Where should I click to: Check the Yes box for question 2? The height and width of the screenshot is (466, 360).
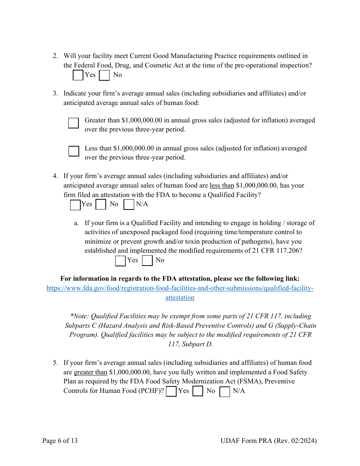pos(78,75)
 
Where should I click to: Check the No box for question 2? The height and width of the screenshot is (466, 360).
pos(104,75)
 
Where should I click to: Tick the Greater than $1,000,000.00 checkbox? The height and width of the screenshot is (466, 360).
pos(74,123)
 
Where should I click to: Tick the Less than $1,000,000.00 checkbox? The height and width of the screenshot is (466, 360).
pos(74,151)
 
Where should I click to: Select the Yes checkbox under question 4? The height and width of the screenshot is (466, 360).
pos(75,205)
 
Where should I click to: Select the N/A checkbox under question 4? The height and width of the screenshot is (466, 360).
pos(129,205)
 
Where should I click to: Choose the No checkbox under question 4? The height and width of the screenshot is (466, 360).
pos(101,205)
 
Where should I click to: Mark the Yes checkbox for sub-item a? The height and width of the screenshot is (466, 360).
pos(121,261)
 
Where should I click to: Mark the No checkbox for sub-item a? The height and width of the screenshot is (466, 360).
pos(147,260)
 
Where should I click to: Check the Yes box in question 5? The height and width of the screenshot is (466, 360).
pos(171,391)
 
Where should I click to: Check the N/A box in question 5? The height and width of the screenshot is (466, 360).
pos(225,391)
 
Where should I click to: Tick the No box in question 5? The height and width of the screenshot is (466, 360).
pos(198,391)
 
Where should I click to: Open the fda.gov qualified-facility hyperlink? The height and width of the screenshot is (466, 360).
pos(180,288)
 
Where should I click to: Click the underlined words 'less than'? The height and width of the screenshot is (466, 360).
pos(222,186)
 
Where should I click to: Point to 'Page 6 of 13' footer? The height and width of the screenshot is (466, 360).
pos(60,441)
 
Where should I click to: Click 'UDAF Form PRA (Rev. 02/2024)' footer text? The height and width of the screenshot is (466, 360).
pos(268,441)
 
